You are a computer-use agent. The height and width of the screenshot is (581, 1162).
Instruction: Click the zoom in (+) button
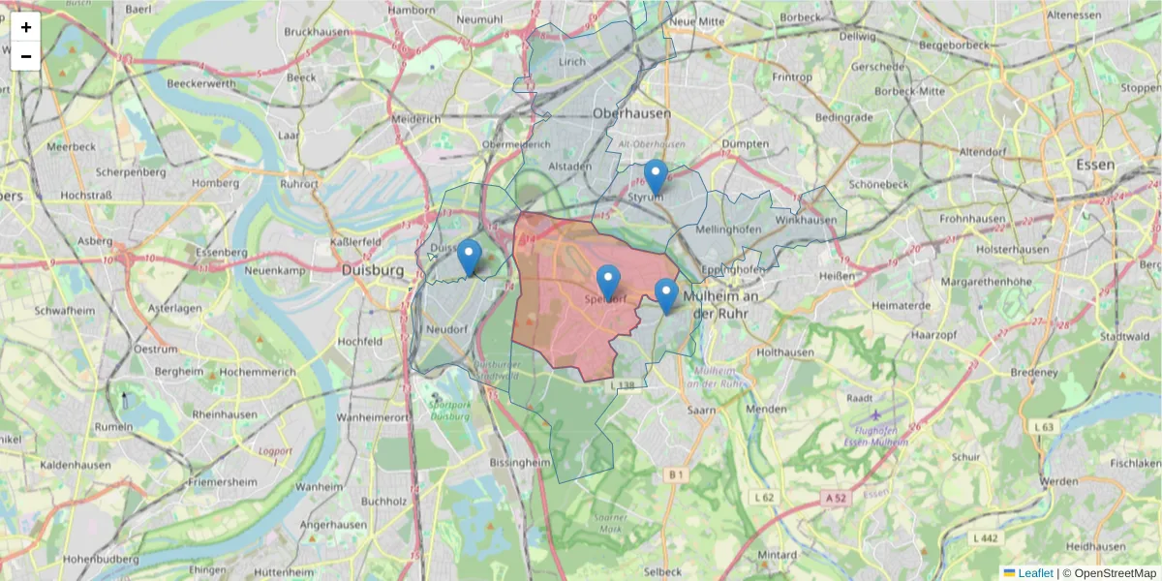[x=26, y=27]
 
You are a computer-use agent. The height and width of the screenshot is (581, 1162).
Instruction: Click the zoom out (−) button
[x=26, y=56]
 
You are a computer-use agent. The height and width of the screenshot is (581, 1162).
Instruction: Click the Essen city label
[x=1095, y=166]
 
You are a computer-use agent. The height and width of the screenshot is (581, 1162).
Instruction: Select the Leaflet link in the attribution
[x=1034, y=573]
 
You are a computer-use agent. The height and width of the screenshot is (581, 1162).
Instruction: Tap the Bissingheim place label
[x=521, y=464]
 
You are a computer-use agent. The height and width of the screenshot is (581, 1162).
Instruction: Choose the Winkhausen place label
[x=806, y=220]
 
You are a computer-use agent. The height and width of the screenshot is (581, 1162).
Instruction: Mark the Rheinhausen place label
[x=225, y=414]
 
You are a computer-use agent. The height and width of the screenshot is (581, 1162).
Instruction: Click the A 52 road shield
[x=837, y=498]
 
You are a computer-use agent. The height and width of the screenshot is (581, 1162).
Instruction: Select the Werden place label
[x=1057, y=481]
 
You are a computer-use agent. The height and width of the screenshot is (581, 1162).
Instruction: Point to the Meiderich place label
[x=415, y=119]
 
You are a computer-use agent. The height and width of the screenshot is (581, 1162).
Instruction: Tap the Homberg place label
[x=216, y=182]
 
